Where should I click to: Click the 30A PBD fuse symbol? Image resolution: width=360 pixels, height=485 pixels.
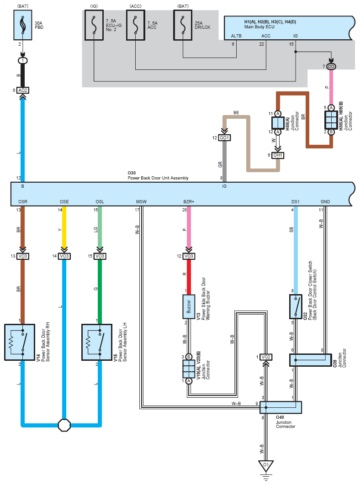click(22, 25)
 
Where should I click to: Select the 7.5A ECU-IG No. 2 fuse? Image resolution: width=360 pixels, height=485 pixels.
click(94, 26)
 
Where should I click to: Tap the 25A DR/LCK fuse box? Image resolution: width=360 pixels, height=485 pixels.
click(183, 26)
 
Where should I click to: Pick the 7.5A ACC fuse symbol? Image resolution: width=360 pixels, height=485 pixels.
click(136, 26)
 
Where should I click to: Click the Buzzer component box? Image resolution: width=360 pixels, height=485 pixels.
click(189, 306)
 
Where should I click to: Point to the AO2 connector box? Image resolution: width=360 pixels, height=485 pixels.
click(22, 90)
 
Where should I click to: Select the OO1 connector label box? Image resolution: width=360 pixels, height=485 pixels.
click(224, 137)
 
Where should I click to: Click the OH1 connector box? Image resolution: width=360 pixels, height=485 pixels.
click(278, 155)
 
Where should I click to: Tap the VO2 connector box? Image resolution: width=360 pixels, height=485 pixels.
click(265, 357)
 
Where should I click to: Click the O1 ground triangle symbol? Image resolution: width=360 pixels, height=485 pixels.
click(265, 466)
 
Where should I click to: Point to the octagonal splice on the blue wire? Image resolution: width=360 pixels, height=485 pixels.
click(64, 425)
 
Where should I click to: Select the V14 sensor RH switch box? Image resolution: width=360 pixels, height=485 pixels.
click(20, 342)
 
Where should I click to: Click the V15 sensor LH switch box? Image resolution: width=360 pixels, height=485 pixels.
click(97, 342)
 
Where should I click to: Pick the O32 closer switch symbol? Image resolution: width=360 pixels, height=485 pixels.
click(296, 306)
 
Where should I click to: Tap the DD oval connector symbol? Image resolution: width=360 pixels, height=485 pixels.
click(331, 67)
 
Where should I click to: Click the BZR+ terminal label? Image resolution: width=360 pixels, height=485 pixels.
click(189, 202)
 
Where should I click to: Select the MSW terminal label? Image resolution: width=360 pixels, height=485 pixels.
click(141, 202)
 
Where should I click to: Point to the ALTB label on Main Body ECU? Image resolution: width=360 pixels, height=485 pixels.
click(236, 36)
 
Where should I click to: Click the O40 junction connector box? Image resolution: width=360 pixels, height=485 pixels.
click(281, 407)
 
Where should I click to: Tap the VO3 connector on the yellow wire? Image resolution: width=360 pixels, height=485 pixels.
click(64, 256)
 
